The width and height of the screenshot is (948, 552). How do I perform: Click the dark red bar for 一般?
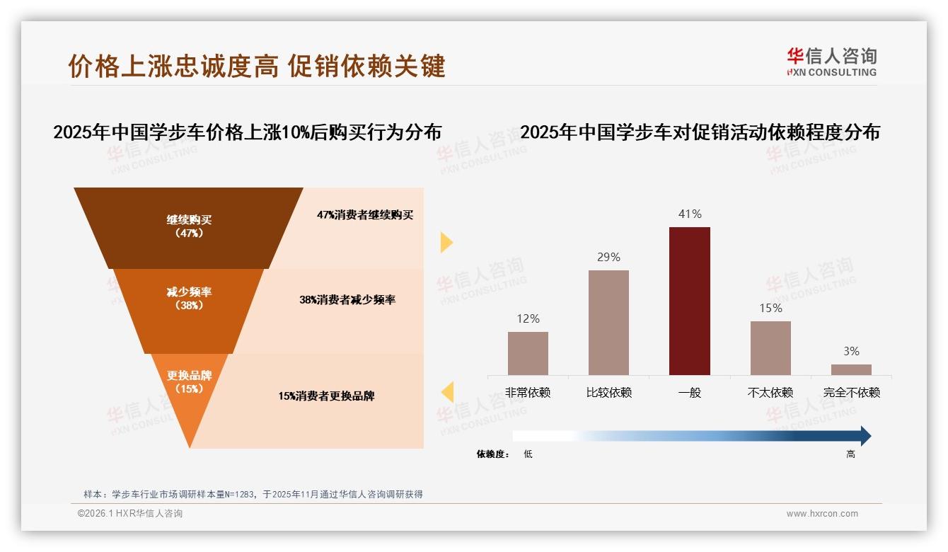[x=689, y=301]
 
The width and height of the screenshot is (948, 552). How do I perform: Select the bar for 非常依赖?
[x=528, y=353]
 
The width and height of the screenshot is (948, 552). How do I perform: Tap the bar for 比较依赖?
[x=608, y=322]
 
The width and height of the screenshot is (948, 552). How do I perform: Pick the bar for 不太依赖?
[x=770, y=347]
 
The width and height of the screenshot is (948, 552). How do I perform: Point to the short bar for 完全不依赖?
[x=851, y=369]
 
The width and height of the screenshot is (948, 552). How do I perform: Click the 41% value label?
[x=689, y=214]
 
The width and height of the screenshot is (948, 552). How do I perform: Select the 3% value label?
[x=851, y=351]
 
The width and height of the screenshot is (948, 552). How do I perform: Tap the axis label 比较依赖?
[x=608, y=392]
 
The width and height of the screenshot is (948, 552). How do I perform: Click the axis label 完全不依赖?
[x=851, y=392]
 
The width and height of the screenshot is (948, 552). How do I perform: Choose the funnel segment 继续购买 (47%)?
[x=189, y=226]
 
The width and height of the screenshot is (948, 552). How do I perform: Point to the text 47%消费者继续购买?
[x=364, y=215]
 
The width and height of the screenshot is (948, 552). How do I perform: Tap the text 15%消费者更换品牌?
[x=326, y=396]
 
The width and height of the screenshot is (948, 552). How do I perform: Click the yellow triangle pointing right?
[x=446, y=242]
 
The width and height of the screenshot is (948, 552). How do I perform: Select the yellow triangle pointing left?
[x=447, y=391]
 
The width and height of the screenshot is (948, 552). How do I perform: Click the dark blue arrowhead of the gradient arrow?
[x=865, y=436]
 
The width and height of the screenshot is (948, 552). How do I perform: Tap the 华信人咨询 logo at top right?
[x=831, y=62]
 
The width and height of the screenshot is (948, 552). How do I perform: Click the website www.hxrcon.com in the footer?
[x=822, y=514]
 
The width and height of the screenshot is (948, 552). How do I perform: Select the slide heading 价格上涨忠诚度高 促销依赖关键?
[x=257, y=66]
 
